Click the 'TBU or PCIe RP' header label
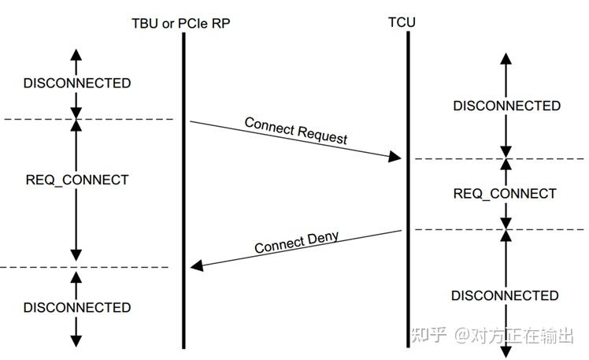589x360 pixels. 180,23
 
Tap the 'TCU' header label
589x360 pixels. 402,21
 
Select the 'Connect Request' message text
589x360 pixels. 295,130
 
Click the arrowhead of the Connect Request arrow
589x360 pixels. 396,158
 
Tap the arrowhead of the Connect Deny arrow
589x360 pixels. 197,266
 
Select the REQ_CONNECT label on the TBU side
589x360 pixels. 76,180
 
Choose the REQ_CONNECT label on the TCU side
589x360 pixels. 505,194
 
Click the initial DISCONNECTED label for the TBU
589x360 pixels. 76,83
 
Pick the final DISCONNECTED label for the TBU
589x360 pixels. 76,307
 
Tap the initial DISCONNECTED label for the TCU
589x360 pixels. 506,106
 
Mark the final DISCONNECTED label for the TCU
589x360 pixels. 505,295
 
